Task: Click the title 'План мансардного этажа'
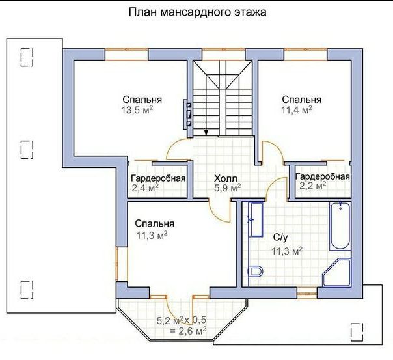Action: click(198, 12)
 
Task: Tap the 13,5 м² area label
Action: click(137, 110)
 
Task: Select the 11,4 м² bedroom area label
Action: click(297, 110)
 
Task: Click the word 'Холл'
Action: click(225, 178)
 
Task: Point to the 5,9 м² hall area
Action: click(228, 187)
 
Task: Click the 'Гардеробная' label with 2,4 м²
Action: click(158, 178)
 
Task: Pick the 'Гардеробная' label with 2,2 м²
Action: click(322, 176)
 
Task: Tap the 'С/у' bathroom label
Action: click(280, 238)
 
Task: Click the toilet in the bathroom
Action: click(256, 271)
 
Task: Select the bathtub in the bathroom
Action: click(340, 227)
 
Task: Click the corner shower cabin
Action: click(336, 273)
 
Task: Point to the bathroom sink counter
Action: click(256, 219)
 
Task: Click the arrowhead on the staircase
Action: click(206, 133)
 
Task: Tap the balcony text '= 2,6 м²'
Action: click(188, 331)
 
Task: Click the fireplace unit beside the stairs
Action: click(188, 115)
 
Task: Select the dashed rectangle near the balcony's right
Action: click(357, 332)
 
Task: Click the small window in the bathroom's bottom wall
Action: click(307, 293)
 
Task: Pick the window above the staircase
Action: click(224, 55)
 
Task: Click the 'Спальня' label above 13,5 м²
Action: click(142, 100)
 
